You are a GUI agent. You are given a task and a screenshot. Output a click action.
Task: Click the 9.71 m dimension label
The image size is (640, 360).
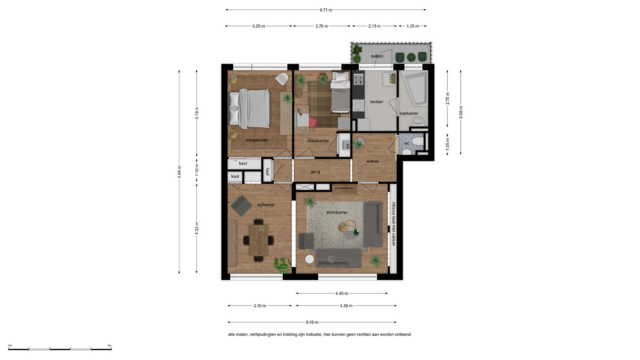pos(326,10)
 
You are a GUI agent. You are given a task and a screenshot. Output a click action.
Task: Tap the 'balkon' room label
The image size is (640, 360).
pos(377,56)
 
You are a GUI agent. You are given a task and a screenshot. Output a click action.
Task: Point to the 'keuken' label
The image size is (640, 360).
pos(377,102)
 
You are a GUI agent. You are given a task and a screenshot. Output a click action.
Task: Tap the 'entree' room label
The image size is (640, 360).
pos(372,161)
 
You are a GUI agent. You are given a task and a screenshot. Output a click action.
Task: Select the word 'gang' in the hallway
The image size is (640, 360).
pos(315,172)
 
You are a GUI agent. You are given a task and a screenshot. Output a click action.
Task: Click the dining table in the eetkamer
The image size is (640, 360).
pos(259,240)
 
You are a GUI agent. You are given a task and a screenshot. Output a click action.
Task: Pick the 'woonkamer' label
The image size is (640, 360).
pos(337,212)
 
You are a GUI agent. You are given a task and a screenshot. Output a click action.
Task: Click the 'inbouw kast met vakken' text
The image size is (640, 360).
pos(394,224)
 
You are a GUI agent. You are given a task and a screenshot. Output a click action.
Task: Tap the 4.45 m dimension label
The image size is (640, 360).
pos(342,293)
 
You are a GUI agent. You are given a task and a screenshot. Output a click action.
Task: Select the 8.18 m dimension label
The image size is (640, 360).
pos(312,322)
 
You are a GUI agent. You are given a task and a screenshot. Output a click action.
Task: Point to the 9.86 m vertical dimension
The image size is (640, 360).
pos(179,172)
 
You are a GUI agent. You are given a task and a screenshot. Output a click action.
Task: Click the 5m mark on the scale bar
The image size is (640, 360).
pos(110,346)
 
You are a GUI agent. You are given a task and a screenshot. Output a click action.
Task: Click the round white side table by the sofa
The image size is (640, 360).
pos(310,259)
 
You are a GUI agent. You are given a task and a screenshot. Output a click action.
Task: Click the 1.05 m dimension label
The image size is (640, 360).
pos(448,144)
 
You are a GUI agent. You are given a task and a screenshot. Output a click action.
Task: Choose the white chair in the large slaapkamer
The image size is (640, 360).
pos(282,79)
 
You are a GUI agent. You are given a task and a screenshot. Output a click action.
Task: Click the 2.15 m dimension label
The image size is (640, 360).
pos(374,26)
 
